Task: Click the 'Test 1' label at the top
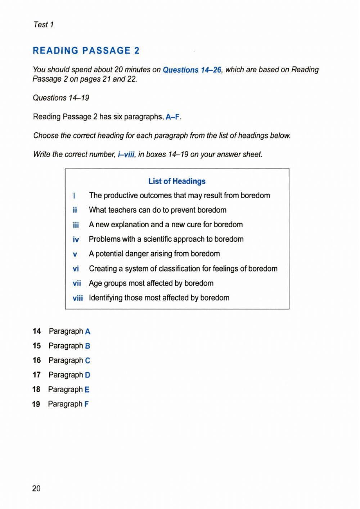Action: pyautogui.click(x=43, y=24)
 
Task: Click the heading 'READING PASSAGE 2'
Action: pyautogui.click(x=86, y=51)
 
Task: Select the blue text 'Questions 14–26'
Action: pyautogui.click(x=192, y=70)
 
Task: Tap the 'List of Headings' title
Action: pyautogui.click(x=177, y=181)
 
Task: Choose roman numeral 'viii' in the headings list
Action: pyautogui.click(x=77, y=298)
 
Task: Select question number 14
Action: pyautogui.click(x=36, y=331)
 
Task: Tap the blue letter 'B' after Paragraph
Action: pyautogui.click(x=87, y=346)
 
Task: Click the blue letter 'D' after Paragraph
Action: pyautogui.click(x=87, y=375)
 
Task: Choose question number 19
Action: pyautogui.click(x=36, y=404)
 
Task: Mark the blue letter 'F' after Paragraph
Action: pyautogui.click(x=86, y=404)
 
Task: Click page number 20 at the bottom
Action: pyautogui.click(x=36, y=488)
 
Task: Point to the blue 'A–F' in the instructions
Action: pyautogui.click(x=172, y=117)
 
